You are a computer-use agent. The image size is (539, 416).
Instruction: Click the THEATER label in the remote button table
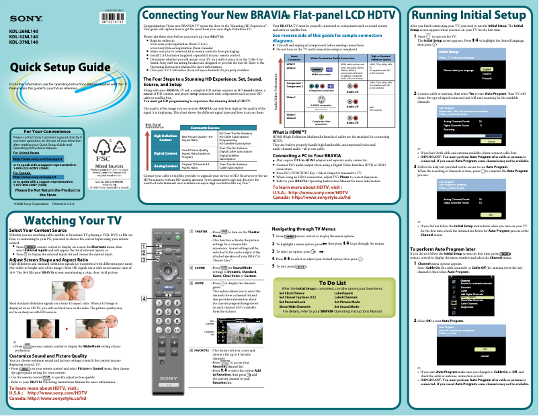tap(200, 231)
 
